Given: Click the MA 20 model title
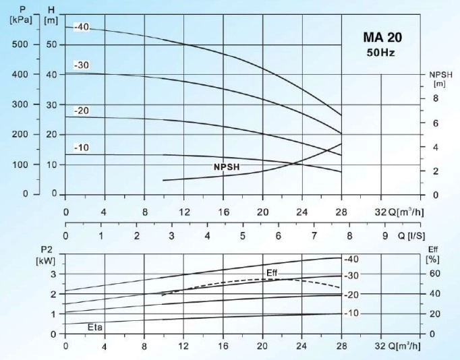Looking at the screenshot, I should click(x=382, y=38).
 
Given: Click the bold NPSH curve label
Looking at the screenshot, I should click(x=227, y=166).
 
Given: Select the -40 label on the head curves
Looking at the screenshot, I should click(x=82, y=28).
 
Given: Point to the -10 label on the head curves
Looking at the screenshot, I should click(x=82, y=148).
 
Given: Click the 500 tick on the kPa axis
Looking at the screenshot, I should click(x=21, y=44).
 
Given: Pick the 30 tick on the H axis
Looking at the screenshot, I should click(x=51, y=104).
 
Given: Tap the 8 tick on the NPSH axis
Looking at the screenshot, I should click(x=435, y=98).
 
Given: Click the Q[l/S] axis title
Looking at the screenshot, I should click(x=410, y=236).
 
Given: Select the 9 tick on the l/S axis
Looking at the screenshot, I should click(x=385, y=236).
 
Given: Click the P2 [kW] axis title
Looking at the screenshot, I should click(x=47, y=255).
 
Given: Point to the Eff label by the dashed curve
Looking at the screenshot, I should click(x=272, y=272).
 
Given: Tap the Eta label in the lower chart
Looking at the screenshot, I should click(x=96, y=327).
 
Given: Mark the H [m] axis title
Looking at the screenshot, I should click(x=51, y=16).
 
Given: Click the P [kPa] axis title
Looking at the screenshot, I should click(x=21, y=16).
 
